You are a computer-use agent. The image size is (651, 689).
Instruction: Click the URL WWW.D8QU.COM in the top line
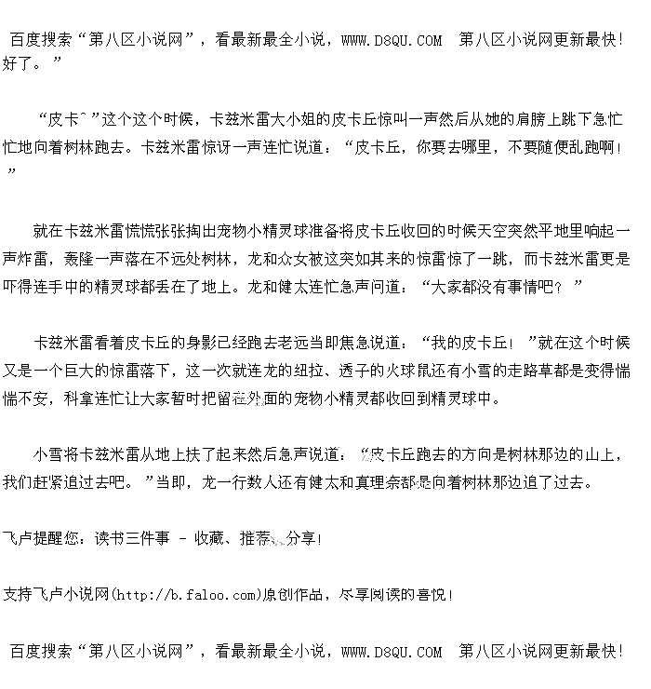point(392,40)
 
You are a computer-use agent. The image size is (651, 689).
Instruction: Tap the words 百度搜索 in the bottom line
point(41,652)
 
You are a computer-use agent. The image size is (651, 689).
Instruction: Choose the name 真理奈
point(399,482)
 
